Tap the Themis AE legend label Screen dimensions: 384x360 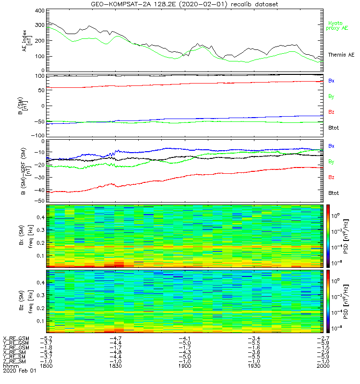(341, 55)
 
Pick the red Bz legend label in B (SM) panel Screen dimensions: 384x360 (331, 112)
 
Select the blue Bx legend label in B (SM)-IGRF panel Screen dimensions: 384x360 (331, 145)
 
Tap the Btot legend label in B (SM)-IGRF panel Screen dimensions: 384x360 (334, 192)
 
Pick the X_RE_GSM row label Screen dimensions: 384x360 (16, 338)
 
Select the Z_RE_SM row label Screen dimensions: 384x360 (16, 361)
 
